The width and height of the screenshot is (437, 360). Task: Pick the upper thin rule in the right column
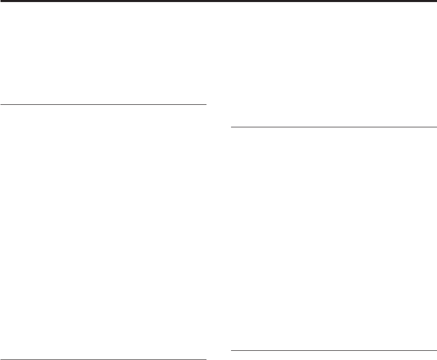334,126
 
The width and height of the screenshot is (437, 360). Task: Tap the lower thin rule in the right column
334,350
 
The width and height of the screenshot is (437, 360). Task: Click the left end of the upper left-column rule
2,104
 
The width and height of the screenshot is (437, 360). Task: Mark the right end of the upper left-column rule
205,104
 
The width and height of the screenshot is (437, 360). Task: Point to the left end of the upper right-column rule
232,126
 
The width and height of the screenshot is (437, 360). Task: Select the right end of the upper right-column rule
436,126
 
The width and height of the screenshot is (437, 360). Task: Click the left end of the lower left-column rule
2,359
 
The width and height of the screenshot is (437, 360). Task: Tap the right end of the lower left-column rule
205,359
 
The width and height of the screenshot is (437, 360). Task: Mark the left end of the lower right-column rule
232,350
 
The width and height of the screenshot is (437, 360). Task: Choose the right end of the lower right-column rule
436,350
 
